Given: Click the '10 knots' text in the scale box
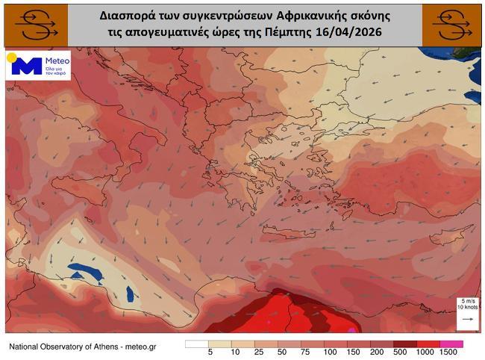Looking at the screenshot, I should tap(467, 308).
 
